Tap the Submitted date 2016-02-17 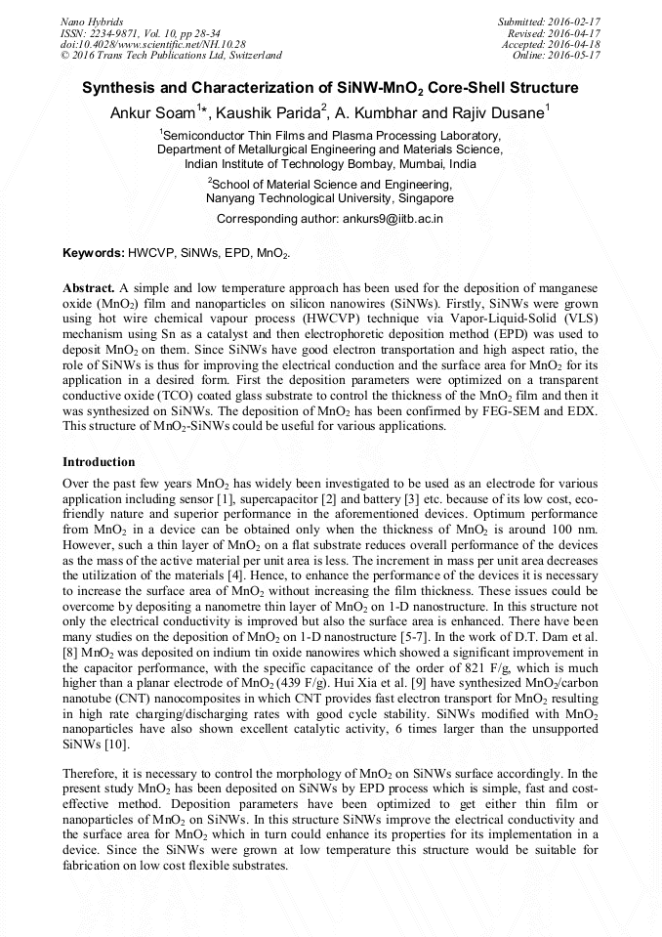pyautogui.click(x=575, y=21)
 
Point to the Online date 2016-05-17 pyautogui.click(x=575, y=56)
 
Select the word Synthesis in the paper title pyautogui.click(x=118, y=88)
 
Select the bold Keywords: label pyautogui.click(x=94, y=253)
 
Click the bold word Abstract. pyautogui.click(x=88, y=290)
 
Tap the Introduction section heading pyautogui.click(x=99, y=461)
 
